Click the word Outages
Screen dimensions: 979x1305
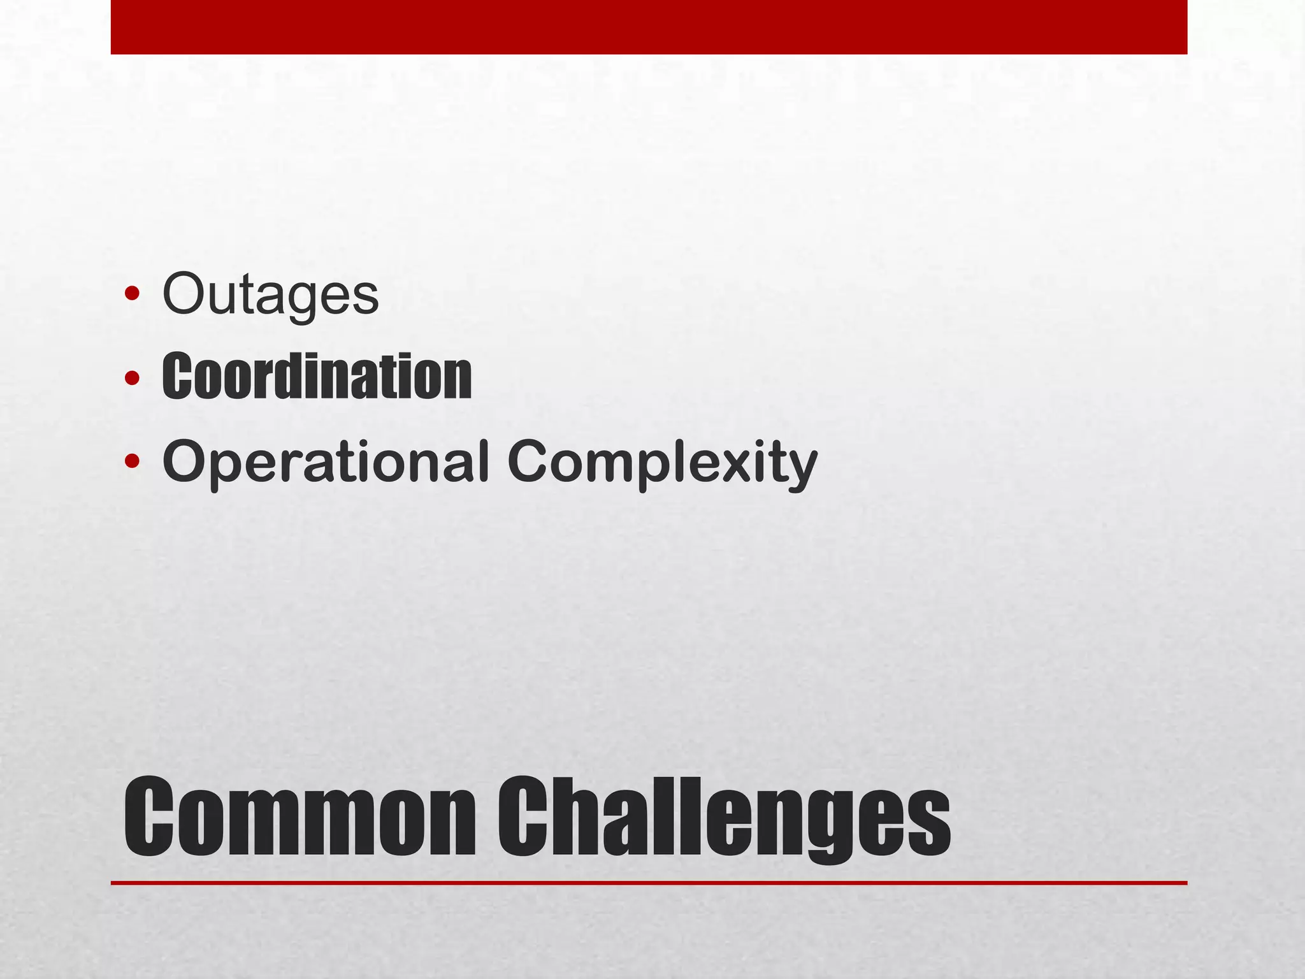pyautogui.click(x=271, y=294)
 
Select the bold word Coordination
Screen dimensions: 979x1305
pyautogui.click(x=317, y=377)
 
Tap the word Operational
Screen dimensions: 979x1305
pyautogui.click(x=326, y=461)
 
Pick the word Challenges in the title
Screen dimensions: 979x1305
pyautogui.click(x=724, y=818)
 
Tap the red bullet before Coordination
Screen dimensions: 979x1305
pyautogui.click(x=132, y=378)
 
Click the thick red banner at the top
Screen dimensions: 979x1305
pyautogui.click(x=649, y=27)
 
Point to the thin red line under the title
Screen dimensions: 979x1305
pyautogui.click(x=649, y=883)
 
